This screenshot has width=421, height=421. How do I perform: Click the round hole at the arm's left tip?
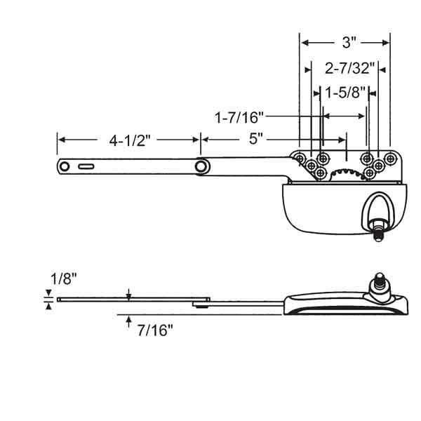[x=65, y=166]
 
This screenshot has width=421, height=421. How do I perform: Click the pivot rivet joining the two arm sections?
[x=202, y=166]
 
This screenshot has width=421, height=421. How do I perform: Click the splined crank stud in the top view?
[x=377, y=229]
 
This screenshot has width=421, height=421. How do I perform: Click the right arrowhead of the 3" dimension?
[x=387, y=42]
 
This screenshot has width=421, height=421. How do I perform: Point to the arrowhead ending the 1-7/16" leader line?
[x=320, y=114]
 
